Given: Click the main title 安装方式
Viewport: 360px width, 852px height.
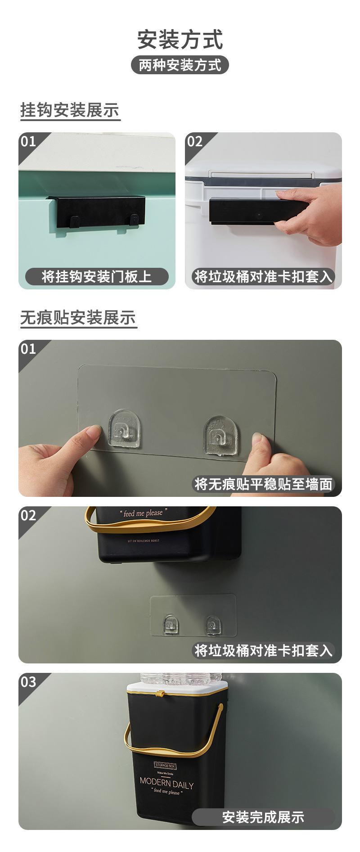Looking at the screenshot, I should click(180, 39).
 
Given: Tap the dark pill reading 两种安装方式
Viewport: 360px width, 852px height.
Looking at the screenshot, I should click(180, 65).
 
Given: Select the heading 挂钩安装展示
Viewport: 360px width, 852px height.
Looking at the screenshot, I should click(70, 110).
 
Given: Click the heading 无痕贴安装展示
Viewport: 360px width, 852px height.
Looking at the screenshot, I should click(78, 318).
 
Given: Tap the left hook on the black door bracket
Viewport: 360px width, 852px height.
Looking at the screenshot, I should click(75, 221).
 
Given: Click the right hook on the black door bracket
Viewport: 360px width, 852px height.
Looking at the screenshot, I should click(134, 220).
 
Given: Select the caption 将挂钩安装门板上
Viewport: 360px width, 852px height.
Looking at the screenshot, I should click(97, 276).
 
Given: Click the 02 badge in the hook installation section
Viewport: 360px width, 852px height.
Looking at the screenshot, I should click(195, 141).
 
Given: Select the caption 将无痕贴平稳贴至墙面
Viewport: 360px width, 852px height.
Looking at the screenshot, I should click(263, 484).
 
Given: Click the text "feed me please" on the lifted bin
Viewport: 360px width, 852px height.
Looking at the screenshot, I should click(143, 513).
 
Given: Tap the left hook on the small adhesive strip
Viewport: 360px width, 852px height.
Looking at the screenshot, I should click(170, 624).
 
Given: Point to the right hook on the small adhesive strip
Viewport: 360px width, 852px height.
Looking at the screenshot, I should click(212, 625).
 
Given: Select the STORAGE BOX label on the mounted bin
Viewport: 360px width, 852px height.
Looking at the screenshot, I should click(165, 765).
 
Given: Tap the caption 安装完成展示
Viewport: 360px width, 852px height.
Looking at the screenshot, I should click(263, 817).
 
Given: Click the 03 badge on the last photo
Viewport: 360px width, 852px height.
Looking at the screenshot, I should click(28, 681).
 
